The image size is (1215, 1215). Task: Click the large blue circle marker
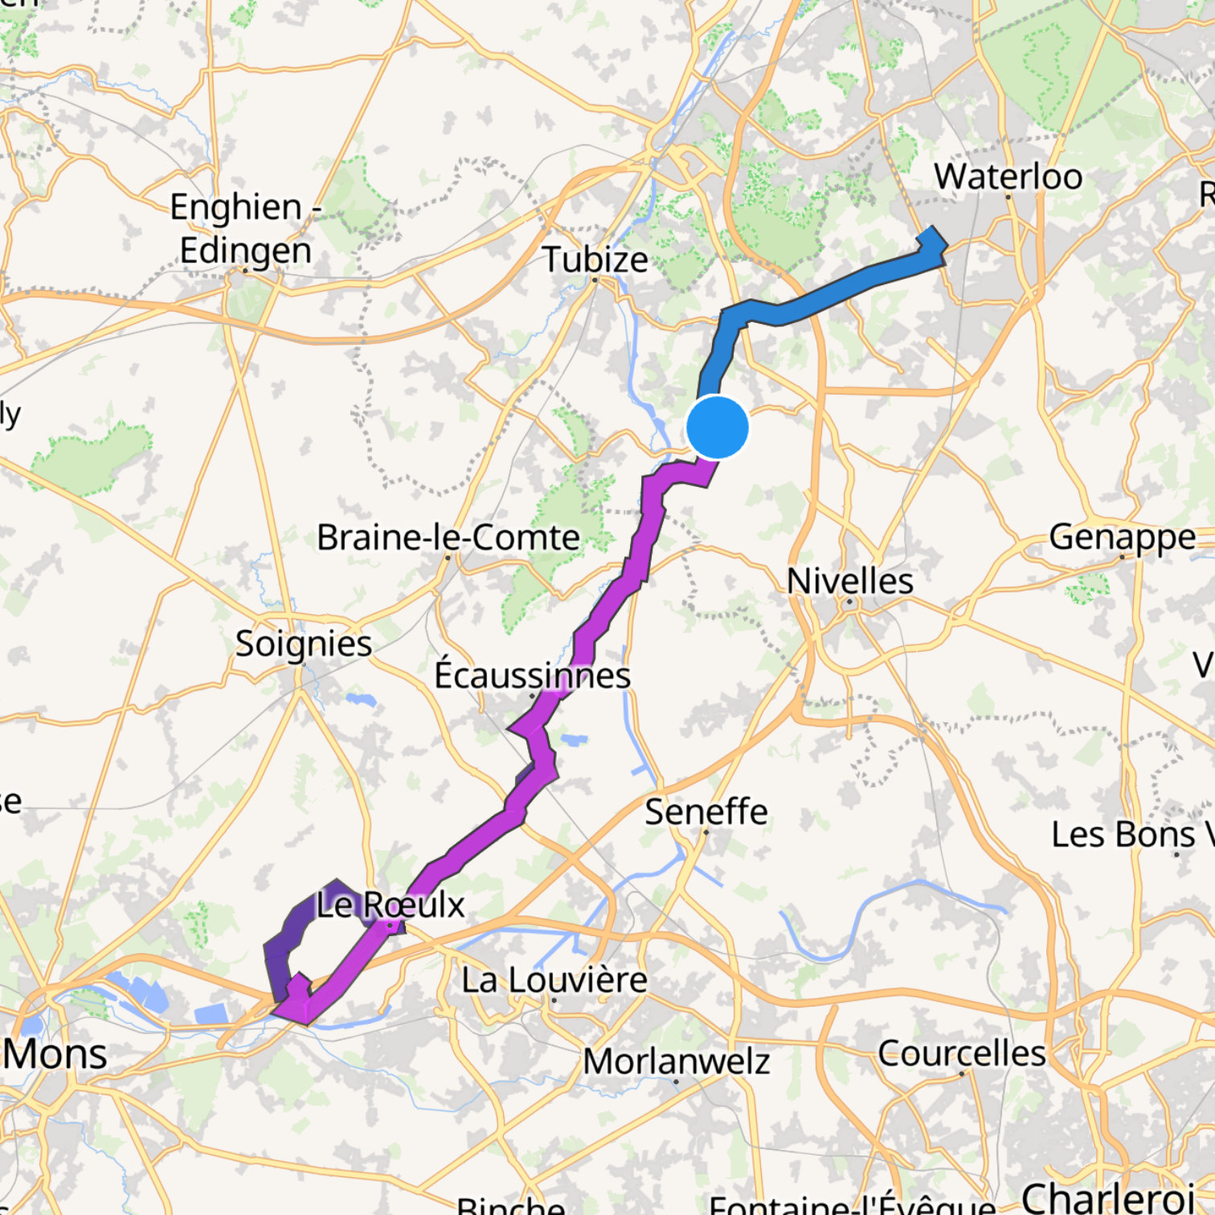[x=718, y=427]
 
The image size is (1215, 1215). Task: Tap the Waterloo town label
[x=1008, y=177]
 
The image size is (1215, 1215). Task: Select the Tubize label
[x=595, y=260]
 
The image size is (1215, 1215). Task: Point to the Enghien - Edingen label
[x=246, y=229]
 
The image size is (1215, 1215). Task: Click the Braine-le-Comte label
[x=448, y=538]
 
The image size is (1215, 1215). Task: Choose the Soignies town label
[x=303, y=644]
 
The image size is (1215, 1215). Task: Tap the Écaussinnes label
[x=532, y=675]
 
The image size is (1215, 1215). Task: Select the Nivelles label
[x=850, y=581]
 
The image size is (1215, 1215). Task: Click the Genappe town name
[x=1122, y=537]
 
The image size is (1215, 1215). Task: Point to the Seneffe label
[x=706, y=812]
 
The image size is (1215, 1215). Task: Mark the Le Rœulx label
[x=391, y=905]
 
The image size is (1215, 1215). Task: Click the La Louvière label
[x=554, y=980]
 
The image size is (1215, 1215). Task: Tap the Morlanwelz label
[x=677, y=1062]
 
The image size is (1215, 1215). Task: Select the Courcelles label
[x=962, y=1053]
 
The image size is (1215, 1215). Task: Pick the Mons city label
[x=55, y=1053]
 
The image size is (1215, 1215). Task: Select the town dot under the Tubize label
[x=595, y=280]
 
